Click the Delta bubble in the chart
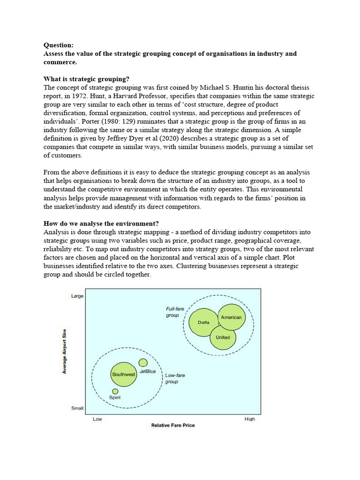(x=204, y=323)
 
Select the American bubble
(x=231, y=318)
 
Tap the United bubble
(x=223, y=337)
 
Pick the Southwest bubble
(x=124, y=375)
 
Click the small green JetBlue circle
(x=143, y=363)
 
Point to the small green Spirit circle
(x=115, y=391)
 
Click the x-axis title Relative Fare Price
(x=172, y=425)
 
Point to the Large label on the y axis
(x=77, y=296)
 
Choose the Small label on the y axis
(x=77, y=408)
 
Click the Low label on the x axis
(x=97, y=419)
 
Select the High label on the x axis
(x=250, y=419)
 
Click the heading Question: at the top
(x=59, y=45)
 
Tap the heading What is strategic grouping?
(x=86, y=79)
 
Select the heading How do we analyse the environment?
(x=104, y=223)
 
